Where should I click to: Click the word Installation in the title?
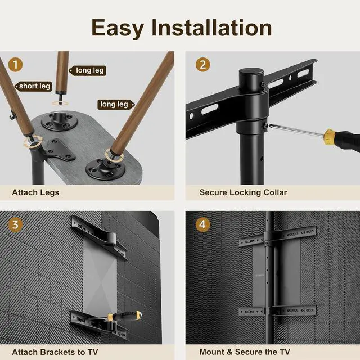211,28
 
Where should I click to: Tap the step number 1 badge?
15,65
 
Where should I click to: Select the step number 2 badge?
202,65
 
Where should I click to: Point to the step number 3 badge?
15,224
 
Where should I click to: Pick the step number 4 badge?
202,224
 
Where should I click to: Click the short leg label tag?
34,86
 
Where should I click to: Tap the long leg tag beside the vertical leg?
88,70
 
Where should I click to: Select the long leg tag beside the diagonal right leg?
116,105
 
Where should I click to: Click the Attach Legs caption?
35,192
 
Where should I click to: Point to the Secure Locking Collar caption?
243,192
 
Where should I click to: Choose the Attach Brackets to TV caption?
55,352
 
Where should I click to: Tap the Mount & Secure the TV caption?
245,352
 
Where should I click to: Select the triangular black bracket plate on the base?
58,151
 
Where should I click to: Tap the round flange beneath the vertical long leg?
59,121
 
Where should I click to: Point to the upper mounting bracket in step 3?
99,237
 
